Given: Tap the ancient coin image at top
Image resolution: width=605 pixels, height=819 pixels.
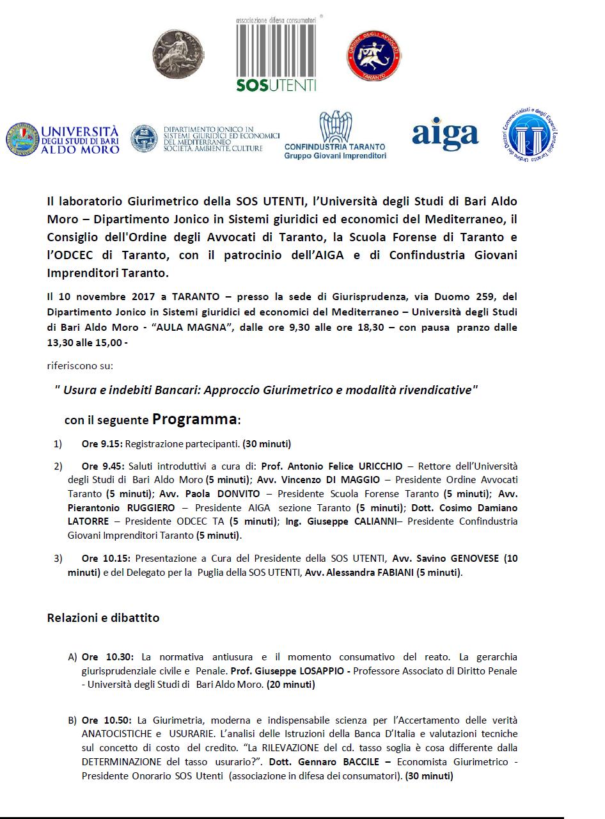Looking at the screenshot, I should point(177,56).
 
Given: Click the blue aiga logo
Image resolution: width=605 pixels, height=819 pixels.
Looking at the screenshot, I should point(445,134).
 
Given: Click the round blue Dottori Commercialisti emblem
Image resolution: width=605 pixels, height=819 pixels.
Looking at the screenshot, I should point(530,136).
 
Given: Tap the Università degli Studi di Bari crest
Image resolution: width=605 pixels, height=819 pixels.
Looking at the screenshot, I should point(22,138).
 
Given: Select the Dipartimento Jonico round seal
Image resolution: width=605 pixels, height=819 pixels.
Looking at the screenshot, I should point(144,139).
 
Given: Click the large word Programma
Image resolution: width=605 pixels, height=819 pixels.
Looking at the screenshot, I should point(194,420).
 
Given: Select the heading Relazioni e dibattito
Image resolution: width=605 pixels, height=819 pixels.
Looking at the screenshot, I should point(103,618).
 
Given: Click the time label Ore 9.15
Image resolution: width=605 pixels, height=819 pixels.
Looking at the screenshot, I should point(102,443).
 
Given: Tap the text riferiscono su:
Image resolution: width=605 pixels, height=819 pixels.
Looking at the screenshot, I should point(81,367).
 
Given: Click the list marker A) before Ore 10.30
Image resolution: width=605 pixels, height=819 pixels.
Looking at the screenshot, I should point(72,657).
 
